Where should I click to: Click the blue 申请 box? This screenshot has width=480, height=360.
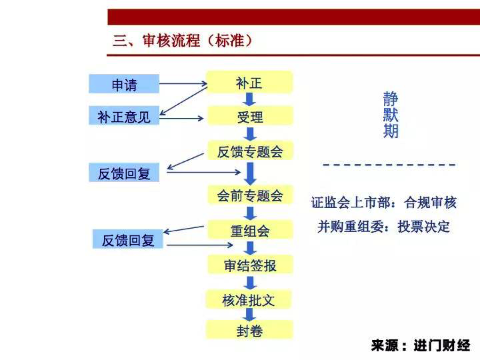point(124,84)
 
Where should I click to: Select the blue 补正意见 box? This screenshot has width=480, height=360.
point(124,116)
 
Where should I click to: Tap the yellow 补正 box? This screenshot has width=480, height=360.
point(249,83)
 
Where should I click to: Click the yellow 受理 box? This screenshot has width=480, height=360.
point(250,116)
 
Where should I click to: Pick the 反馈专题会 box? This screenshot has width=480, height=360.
point(250,151)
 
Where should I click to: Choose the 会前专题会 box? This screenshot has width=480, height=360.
point(250,195)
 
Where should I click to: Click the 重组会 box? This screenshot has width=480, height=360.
point(250,230)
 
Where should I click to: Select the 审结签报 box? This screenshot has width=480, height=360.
point(250,265)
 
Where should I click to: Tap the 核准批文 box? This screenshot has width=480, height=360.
point(249,300)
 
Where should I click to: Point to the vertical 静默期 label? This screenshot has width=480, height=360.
point(391,115)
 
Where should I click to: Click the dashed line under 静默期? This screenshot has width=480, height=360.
point(389,165)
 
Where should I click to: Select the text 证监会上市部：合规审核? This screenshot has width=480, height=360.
point(383,202)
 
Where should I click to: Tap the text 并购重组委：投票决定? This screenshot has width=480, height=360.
point(383,227)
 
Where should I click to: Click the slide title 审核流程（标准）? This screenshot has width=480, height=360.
point(182,41)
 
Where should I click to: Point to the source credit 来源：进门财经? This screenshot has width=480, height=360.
point(420,345)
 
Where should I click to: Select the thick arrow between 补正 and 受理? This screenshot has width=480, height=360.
point(249,99)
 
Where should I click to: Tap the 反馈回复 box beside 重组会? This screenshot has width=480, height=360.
point(128,239)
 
